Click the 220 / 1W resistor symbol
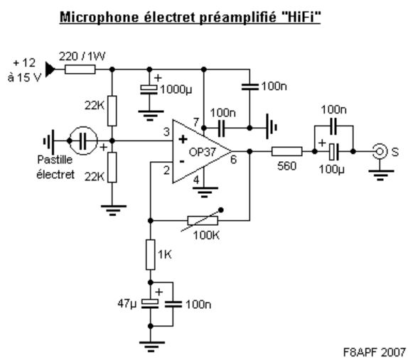[x=80, y=70]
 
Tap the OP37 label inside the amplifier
[x=203, y=153]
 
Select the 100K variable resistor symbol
[x=203, y=220]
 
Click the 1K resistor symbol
[x=151, y=255]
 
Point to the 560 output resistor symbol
[x=287, y=151]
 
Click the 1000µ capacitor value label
[x=176, y=90]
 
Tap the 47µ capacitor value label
[x=127, y=303]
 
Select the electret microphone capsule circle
[x=83, y=141]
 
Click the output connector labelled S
[x=379, y=151]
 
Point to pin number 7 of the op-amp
[x=196, y=122]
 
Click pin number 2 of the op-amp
[x=166, y=170]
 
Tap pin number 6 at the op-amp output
[x=233, y=160]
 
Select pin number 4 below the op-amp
[x=196, y=180]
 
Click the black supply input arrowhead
[x=50, y=70]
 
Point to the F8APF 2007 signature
[x=375, y=352]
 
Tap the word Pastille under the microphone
[x=55, y=160]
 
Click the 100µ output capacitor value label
[x=331, y=170]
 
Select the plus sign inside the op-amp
[x=183, y=139]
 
